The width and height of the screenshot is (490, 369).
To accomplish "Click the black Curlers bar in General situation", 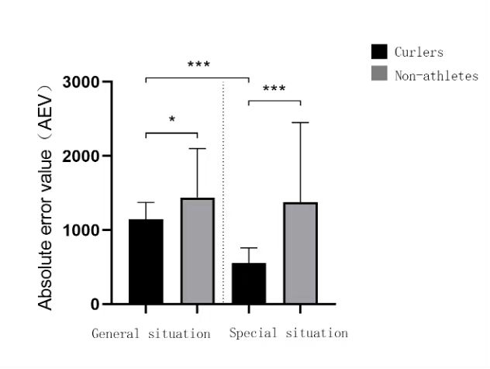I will click(x=146, y=261).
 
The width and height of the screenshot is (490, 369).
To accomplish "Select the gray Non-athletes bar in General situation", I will click(x=197, y=250).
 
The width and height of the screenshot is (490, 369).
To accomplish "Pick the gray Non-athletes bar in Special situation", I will click(x=300, y=253).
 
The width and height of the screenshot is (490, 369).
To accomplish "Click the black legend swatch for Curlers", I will click(x=379, y=52).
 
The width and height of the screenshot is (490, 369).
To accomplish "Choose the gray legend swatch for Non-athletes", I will click(x=379, y=74).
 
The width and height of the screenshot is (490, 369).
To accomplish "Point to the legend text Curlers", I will click(x=419, y=53).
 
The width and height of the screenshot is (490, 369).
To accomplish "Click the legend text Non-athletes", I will click(x=436, y=76).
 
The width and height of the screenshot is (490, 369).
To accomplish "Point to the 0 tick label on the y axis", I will click(x=95, y=304).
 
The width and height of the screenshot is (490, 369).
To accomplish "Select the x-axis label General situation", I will click(x=151, y=334).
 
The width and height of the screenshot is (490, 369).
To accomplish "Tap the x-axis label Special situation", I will click(x=288, y=333).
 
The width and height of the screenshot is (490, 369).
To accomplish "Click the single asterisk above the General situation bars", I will click(x=171, y=120).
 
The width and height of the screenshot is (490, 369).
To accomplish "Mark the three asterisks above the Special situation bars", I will click(x=274, y=89).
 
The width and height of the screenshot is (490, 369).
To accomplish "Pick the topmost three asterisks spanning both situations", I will click(x=198, y=65).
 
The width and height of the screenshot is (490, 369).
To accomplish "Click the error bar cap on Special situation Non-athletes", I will click(x=300, y=122).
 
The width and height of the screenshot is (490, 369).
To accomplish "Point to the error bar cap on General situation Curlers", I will click(x=146, y=202).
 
